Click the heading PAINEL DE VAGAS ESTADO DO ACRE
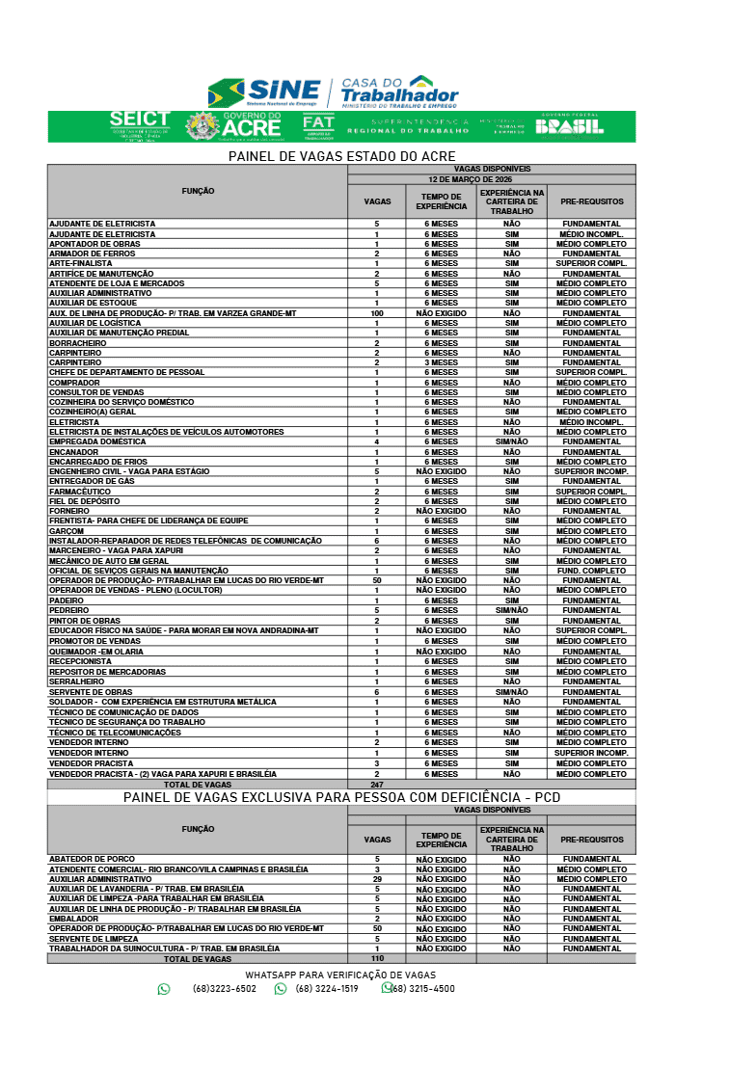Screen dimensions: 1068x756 point(341,156)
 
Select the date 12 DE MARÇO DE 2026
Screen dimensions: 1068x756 point(491,179)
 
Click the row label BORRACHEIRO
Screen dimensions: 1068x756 point(78,343)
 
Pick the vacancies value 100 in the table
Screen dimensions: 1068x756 point(376,313)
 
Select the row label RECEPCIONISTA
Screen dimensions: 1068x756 point(81,661)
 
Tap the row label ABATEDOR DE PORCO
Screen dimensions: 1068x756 point(93,859)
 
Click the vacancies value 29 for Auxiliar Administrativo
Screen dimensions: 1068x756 point(377,879)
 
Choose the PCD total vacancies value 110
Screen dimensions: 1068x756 point(377,959)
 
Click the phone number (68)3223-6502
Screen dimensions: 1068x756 point(225,989)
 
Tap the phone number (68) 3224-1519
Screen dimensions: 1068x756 point(327,989)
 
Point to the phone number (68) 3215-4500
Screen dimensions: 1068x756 point(422,989)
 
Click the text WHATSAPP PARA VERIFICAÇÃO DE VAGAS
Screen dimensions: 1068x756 point(340,975)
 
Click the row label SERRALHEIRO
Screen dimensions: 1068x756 point(77,681)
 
